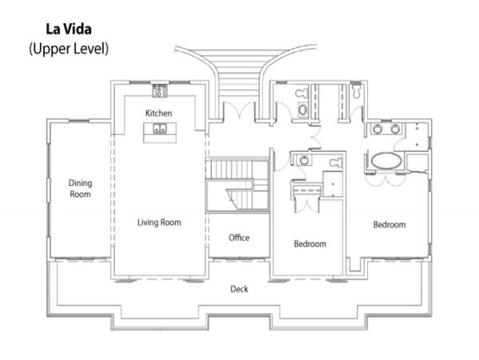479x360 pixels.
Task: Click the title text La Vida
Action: pos(69,30)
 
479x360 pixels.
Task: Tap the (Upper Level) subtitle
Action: pos(69,49)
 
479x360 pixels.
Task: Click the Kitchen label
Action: pos(159,113)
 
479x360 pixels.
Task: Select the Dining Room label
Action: pos(80,188)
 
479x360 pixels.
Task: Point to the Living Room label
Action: pos(159,222)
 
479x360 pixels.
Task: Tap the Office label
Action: pos(239,238)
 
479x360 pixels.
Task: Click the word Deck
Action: pos(239,289)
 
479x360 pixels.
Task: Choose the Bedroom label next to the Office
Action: pos(310,243)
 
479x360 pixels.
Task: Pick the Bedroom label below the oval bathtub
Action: pos(390,225)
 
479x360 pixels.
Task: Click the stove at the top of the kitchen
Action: pos(160,91)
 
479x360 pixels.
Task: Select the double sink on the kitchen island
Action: pos(160,129)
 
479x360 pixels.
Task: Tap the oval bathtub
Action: pos(386,161)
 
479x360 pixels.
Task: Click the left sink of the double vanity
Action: pos(378,129)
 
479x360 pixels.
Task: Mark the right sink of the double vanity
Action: pos(395,129)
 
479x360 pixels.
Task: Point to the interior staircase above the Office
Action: pos(237,185)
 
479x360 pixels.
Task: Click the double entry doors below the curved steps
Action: pos(239,111)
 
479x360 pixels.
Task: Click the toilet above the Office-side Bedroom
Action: pos(336,162)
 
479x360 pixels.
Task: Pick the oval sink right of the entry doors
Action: pos(303,109)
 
